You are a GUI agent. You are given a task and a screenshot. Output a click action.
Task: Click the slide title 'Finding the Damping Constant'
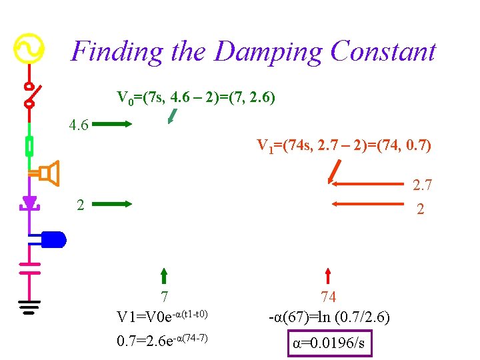pos(253,51)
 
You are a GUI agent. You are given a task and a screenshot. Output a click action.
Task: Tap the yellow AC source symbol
pos(29,48)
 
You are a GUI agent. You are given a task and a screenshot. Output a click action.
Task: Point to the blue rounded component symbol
pos(53,239)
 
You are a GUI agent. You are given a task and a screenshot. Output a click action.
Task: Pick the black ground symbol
pos(29,306)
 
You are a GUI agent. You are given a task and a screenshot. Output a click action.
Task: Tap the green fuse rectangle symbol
pos(29,145)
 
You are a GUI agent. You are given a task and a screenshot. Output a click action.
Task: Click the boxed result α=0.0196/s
pos(329,343)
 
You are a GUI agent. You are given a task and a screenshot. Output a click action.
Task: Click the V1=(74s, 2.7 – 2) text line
pos(344,145)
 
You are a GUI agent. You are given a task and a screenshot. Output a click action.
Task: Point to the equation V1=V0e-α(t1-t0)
pos(163,315)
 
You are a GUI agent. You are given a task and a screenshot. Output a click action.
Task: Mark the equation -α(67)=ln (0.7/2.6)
pos(329,316)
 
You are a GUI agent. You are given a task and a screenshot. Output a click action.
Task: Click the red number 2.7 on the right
pos(423,185)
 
